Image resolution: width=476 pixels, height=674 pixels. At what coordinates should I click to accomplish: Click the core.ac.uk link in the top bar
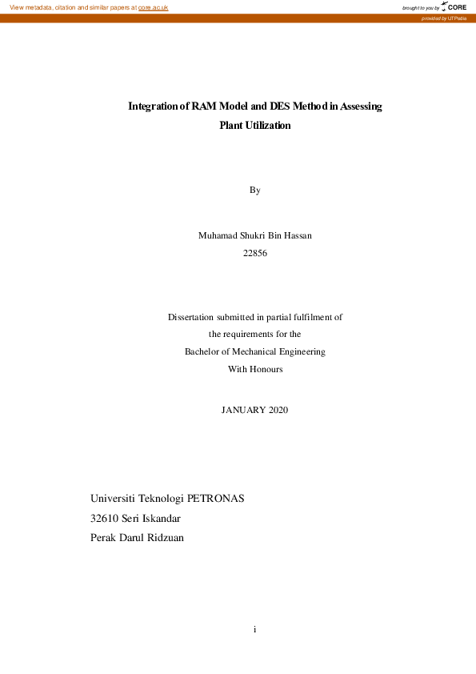coord(153,7)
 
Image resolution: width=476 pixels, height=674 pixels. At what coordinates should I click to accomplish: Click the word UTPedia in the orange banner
coord(457,18)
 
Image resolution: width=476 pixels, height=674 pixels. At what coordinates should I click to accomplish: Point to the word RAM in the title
coord(205,106)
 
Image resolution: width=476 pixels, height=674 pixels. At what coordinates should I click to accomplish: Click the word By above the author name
coord(254,191)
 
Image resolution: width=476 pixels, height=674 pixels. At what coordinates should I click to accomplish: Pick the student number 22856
coord(254,253)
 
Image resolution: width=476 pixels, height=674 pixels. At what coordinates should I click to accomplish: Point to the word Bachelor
coord(206,351)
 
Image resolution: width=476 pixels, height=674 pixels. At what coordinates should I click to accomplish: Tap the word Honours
coord(266,370)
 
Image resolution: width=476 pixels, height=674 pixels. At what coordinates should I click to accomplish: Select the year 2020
coord(278,410)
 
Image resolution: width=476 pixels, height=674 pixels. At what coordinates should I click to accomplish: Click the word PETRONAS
coord(215,498)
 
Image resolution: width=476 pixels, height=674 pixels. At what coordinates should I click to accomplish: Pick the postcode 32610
coord(105,518)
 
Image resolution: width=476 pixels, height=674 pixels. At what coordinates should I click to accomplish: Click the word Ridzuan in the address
coord(163,538)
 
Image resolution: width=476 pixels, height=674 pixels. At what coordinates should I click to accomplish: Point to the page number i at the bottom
coord(254,630)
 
